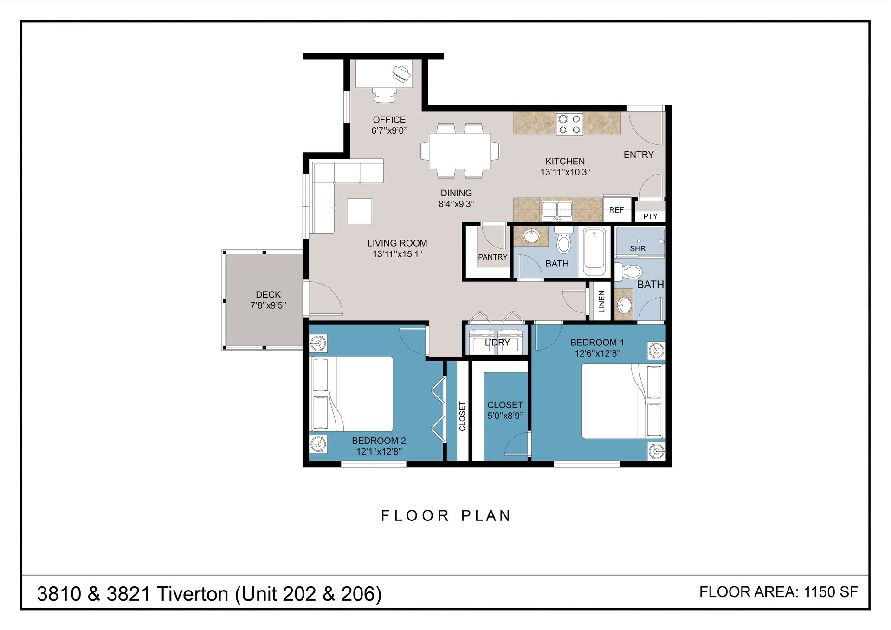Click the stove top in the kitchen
point(570,124)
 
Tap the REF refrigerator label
point(616,210)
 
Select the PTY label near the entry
point(650,216)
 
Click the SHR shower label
point(638,249)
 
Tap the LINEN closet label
point(602,301)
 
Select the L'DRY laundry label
point(497,343)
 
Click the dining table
point(460,151)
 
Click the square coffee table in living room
point(359,211)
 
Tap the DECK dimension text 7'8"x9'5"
point(268,305)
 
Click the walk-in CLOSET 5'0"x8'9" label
point(505,410)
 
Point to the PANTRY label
point(493,257)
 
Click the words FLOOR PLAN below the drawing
point(446,516)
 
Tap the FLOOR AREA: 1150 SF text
point(779,592)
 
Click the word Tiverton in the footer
point(193,594)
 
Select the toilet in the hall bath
point(564,240)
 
